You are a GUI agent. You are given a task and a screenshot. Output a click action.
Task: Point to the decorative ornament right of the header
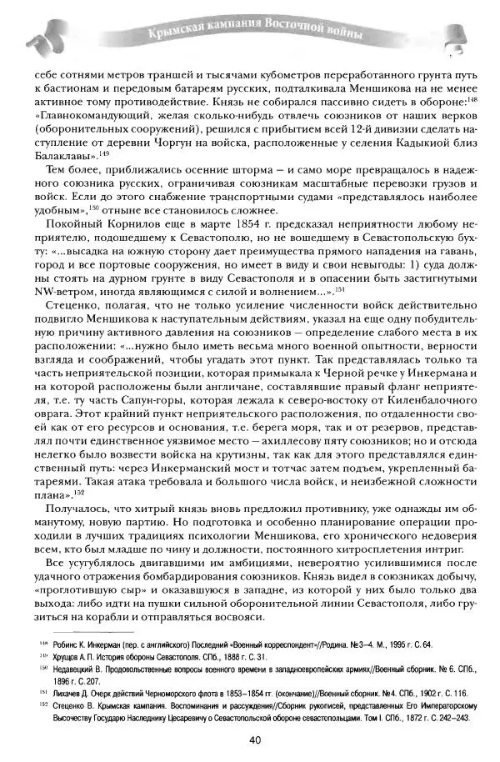pos(457,34)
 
